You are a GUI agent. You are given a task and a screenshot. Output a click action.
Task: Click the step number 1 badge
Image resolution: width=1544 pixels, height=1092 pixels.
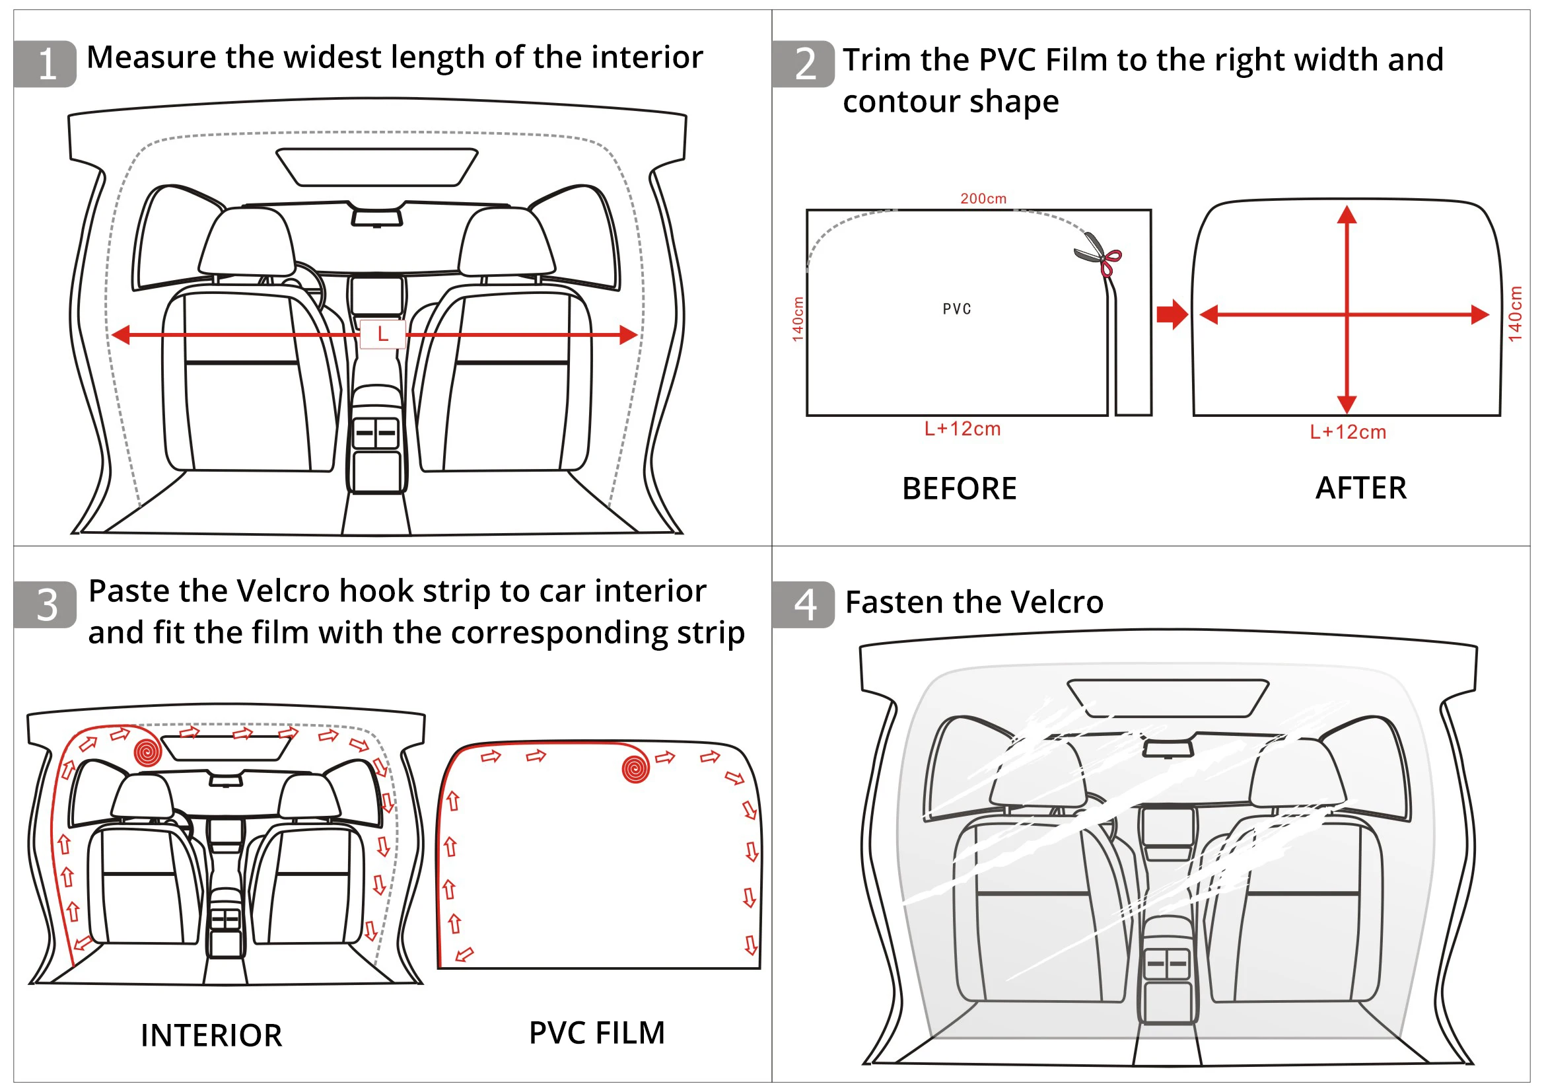[45, 64]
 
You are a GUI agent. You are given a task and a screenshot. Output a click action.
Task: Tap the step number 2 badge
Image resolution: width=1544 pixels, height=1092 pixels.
[804, 64]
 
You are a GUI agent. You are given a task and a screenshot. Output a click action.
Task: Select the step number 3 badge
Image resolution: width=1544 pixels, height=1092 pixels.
[45, 605]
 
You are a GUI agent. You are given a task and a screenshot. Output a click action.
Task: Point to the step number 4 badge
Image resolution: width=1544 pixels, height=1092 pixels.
[804, 605]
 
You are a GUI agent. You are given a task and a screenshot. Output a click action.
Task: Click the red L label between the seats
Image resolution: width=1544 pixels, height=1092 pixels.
[382, 334]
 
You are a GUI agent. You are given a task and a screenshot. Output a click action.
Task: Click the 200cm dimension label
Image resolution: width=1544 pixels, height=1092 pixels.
[983, 198]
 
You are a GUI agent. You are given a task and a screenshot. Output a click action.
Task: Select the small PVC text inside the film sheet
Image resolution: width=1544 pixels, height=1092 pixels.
[957, 309]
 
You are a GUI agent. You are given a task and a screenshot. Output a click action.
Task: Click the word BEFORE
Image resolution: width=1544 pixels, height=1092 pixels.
[959, 488]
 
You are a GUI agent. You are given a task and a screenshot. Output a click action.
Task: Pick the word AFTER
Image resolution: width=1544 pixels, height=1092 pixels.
[1360, 488]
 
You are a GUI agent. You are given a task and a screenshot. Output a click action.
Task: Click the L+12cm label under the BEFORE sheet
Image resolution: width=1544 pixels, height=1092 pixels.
[962, 429]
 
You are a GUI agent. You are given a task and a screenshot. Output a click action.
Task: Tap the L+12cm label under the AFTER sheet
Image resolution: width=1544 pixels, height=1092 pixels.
[1348, 433]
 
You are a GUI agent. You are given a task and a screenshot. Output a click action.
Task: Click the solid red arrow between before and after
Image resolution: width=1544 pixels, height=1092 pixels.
[1172, 314]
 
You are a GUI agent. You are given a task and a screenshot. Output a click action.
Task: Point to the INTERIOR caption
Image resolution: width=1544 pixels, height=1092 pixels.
[211, 1035]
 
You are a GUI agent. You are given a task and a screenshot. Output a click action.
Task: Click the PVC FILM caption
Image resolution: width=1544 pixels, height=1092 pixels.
[596, 1033]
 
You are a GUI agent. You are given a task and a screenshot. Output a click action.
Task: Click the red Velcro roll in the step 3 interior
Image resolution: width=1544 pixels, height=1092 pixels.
[147, 752]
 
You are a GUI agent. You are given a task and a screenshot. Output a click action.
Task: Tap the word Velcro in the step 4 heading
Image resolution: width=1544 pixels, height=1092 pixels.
[1059, 602]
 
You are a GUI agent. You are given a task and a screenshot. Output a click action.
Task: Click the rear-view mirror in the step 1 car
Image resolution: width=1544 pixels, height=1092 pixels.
[376, 217]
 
